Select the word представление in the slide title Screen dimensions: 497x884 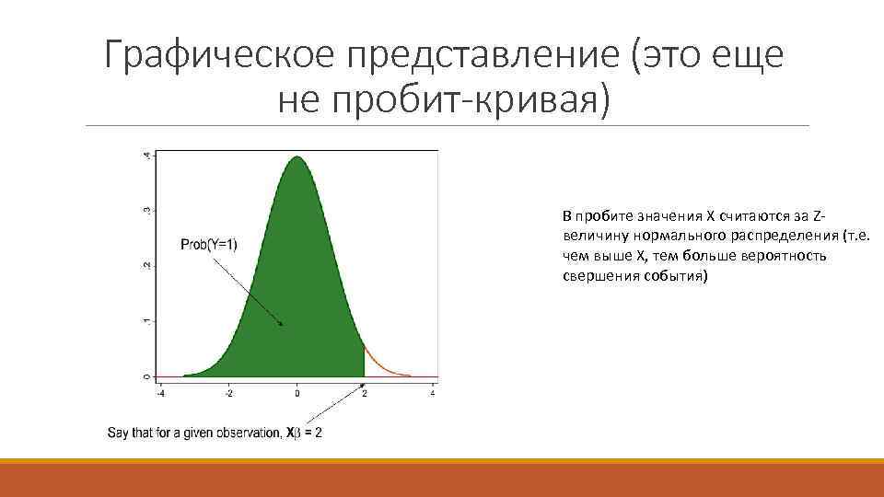coord(480,56)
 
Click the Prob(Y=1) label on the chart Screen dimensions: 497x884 coord(209,244)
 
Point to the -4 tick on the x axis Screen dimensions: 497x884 coord(161,394)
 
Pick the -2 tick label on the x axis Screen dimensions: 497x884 coord(228,394)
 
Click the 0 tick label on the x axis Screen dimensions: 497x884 coord(297,394)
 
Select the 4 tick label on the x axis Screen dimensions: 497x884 coord(433,394)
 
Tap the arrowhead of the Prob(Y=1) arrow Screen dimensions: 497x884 coord(281,324)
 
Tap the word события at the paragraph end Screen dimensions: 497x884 coord(674,276)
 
